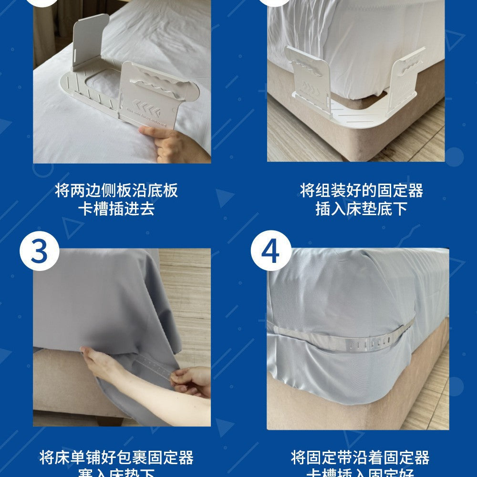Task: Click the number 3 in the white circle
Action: click(40, 251)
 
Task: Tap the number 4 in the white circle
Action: click(270, 251)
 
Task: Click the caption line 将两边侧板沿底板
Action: click(116, 191)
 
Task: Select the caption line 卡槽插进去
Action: click(116, 209)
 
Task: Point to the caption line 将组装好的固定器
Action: click(361, 191)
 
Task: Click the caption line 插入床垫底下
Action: click(361, 209)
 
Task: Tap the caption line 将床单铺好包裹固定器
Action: click(116, 458)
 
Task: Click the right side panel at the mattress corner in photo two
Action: click(405, 79)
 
